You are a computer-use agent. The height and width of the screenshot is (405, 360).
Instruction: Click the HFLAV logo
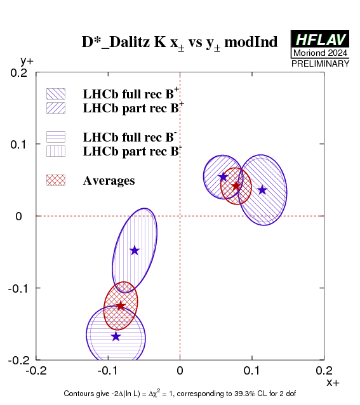[320, 39]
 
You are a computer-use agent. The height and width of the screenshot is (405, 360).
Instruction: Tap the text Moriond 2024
[320, 53]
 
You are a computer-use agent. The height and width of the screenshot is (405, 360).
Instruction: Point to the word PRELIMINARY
[320, 63]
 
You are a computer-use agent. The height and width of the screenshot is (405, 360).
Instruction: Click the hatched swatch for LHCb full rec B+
[56, 94]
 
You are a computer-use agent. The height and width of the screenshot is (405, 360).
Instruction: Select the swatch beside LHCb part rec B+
[56, 108]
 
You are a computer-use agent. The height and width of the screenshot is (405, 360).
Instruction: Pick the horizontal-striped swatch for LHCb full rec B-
[56, 137]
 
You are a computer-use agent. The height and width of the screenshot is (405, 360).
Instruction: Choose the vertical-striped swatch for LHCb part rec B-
[56, 151]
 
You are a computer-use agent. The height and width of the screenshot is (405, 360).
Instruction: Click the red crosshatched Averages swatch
[56, 180]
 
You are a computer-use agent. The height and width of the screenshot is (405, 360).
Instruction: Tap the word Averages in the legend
[109, 181]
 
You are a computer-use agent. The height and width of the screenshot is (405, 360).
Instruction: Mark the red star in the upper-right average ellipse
[236, 186]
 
